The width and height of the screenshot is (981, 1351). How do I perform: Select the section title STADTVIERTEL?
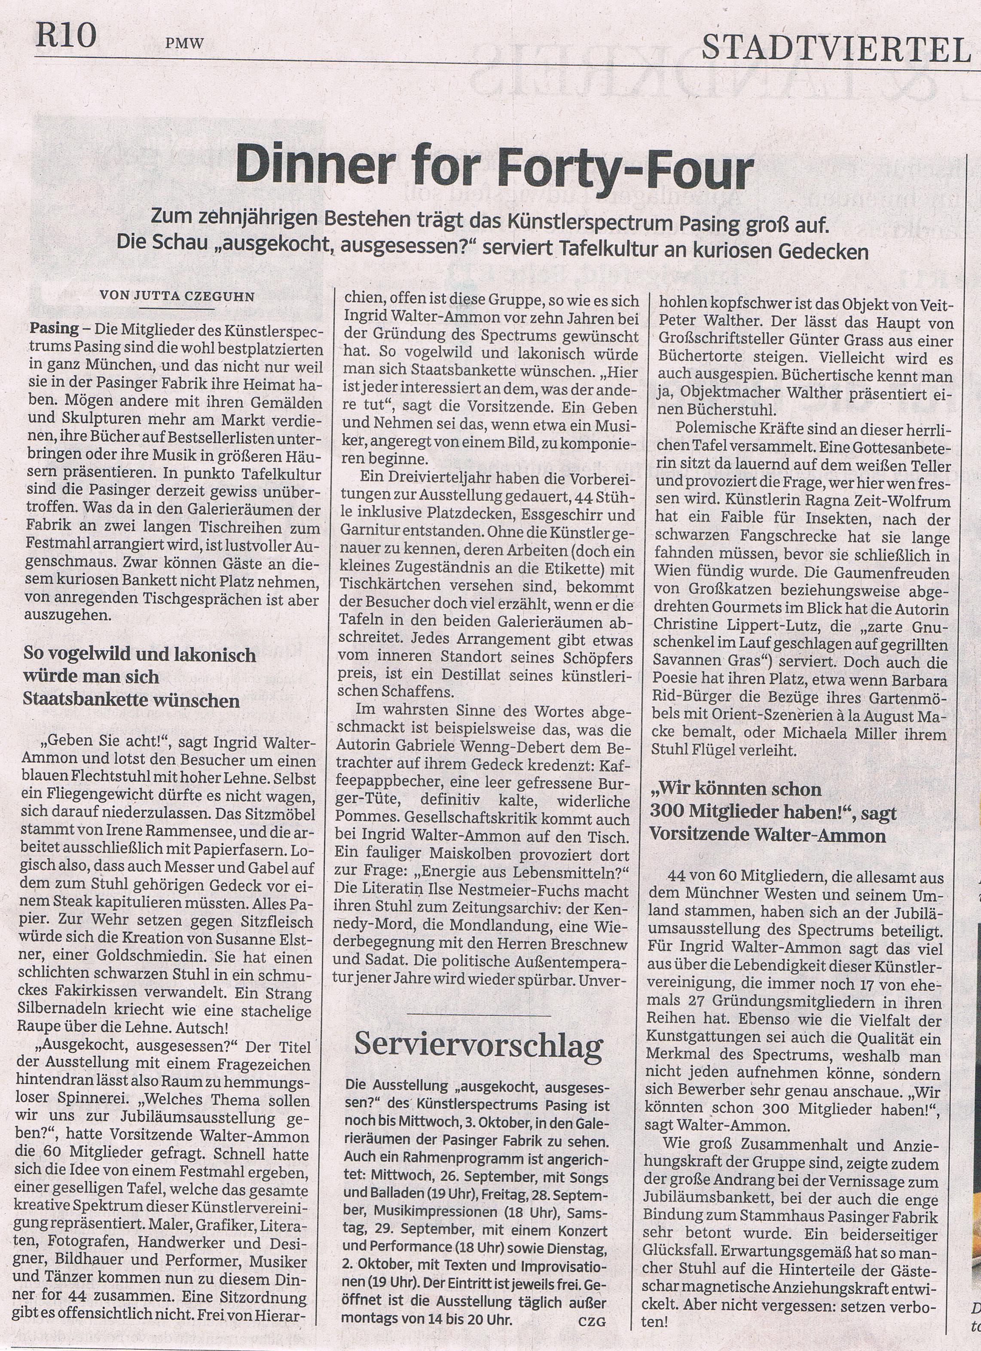[x=836, y=48]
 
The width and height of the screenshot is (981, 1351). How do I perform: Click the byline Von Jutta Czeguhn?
[x=177, y=296]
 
